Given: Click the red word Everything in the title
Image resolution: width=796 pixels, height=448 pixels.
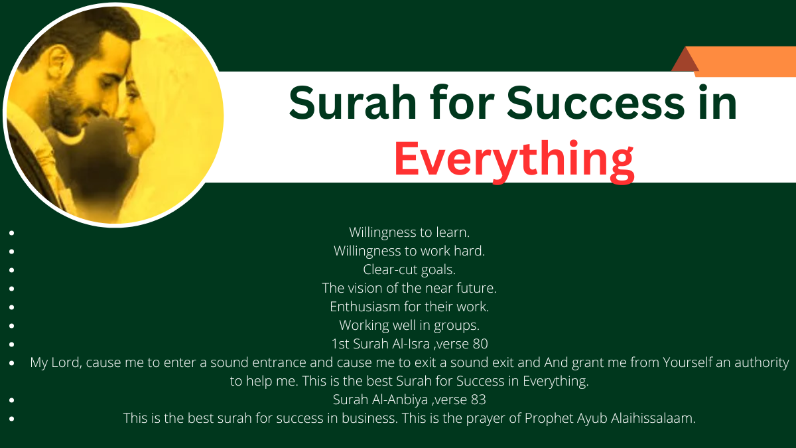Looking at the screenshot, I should pos(514,159).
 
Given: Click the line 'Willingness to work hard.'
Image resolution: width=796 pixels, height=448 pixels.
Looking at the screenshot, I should pos(409,251).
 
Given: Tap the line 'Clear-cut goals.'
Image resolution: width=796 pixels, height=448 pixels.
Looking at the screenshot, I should pos(409,269).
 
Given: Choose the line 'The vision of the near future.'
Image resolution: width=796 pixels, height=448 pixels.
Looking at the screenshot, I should pos(409,288).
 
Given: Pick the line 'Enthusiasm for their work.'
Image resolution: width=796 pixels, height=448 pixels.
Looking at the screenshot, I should pos(409,307).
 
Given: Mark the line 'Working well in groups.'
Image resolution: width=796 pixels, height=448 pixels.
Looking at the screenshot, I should pos(409,325).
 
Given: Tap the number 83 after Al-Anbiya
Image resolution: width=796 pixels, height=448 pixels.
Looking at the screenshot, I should pos(478,400).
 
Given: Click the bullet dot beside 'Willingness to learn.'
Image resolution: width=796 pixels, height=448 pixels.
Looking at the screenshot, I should pos(12,233).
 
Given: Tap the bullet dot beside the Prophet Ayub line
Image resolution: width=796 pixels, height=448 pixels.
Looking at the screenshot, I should pos(12,419).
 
